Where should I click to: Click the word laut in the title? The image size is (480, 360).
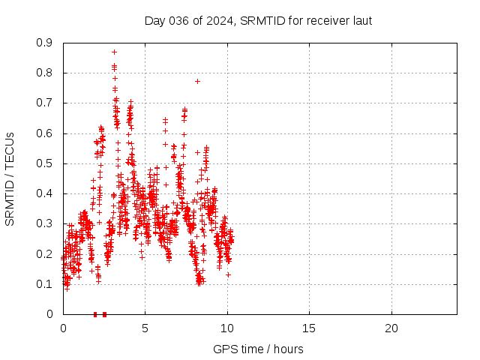click(x=360, y=20)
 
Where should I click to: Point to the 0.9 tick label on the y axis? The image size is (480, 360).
click(x=46, y=43)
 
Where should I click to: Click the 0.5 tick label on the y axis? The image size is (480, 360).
click(x=46, y=163)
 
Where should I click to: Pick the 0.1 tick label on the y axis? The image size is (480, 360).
click(x=46, y=284)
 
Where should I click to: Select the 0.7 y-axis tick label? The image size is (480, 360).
click(x=46, y=103)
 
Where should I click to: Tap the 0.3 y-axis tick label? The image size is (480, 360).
click(x=46, y=223)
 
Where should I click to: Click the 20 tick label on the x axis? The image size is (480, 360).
click(x=391, y=328)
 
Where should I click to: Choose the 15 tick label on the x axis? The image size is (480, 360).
click(x=309, y=328)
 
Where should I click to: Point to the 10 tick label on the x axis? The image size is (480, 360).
click(x=227, y=328)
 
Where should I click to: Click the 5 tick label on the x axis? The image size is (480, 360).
click(x=145, y=328)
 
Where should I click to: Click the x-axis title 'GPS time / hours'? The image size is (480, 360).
click(x=258, y=349)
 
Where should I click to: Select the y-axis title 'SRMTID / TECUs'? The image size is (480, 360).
click(x=10, y=178)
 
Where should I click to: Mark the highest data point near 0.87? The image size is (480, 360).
click(x=114, y=52)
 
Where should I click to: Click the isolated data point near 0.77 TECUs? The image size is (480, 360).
click(x=197, y=81)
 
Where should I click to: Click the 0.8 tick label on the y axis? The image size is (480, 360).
click(x=46, y=73)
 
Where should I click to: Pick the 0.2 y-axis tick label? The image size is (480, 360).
click(x=46, y=254)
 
